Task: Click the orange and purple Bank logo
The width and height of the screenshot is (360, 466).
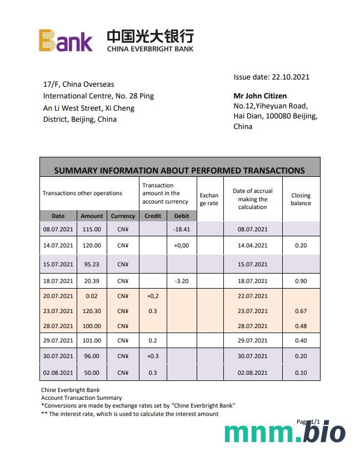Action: coord(66,41)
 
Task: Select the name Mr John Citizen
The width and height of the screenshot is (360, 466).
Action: coord(260,96)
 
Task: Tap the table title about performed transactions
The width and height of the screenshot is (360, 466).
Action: coord(179,170)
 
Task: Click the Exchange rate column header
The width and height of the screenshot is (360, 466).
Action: coord(209,199)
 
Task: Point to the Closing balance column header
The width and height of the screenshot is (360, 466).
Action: coord(301,199)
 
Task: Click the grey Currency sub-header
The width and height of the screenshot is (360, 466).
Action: coord(123,216)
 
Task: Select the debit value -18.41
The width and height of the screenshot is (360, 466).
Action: coord(182,229)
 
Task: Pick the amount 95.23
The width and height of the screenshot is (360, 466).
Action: coord(92,264)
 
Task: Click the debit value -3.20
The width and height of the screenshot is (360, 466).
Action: coord(182,281)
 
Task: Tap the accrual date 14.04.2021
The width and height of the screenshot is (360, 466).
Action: coord(253,245)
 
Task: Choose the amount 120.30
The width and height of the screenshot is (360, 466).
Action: coord(92,311)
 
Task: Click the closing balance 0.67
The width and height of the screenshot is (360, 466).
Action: coord(301,311)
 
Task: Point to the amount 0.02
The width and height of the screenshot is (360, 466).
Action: coord(92,296)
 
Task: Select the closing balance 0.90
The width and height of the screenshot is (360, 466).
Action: coord(301,281)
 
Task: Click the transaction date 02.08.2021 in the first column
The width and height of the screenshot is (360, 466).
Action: coord(58,373)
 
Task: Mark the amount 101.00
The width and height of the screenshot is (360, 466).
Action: coord(92,340)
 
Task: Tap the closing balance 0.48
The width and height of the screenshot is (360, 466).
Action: coord(301,326)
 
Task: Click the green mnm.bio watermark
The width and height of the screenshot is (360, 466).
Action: coord(284,433)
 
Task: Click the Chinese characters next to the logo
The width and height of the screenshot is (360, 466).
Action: coord(150,37)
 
